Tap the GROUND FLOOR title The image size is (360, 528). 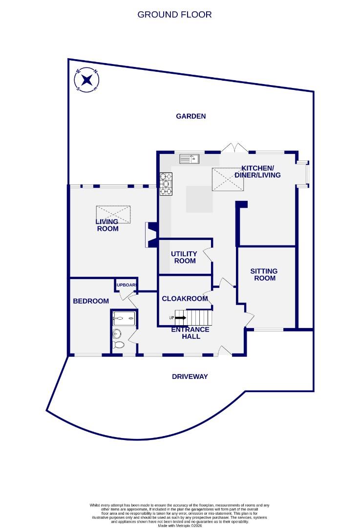tap(174, 15)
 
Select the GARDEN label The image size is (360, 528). tap(191, 116)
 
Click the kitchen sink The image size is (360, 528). tap(188, 158)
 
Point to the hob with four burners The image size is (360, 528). tap(166, 184)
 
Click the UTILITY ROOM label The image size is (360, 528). tap(184, 257)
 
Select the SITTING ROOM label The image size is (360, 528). tap(264, 274)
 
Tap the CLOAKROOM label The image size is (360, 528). tap(185, 299)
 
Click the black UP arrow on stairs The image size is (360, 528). tap(180, 318)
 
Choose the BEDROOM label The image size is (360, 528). tap(91, 301)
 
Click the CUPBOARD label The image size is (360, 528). tap(126, 285)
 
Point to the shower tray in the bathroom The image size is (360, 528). tap(124, 319)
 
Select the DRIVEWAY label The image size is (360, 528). tap(190, 376)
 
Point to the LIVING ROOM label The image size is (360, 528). tap(107, 225)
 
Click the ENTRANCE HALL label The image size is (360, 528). tap(190, 333)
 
